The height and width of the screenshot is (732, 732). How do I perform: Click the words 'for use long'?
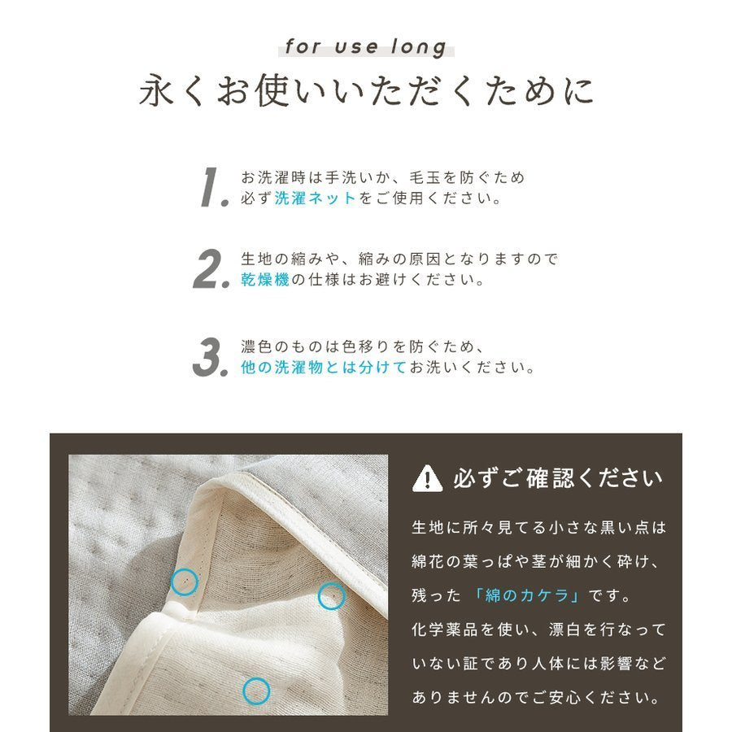coord(366,47)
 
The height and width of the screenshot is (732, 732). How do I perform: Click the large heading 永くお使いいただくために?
coord(367,90)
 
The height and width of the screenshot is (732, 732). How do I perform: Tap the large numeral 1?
coord(213,187)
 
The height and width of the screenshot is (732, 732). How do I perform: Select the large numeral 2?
coord(211,268)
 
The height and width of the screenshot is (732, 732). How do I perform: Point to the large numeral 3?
coord(211,357)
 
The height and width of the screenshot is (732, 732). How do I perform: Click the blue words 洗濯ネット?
coord(315,198)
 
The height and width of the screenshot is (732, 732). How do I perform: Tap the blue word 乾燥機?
coord(265,279)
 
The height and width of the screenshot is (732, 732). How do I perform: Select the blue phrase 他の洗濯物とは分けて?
coord(324,367)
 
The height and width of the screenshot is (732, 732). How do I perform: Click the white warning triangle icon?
coord(427,478)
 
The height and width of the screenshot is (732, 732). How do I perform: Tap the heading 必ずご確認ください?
coord(558,478)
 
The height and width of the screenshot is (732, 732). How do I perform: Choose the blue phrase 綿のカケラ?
coord(527,595)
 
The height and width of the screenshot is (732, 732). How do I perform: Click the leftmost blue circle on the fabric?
coord(185,582)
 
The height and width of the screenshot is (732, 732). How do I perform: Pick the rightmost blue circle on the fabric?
coord(332,596)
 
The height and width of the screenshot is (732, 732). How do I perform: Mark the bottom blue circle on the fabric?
coord(256,691)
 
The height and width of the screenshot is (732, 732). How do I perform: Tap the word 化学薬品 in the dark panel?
coord(445,630)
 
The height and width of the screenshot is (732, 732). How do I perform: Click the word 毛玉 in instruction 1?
coord(425,177)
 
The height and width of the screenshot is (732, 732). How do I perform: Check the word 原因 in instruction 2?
coord(425,259)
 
